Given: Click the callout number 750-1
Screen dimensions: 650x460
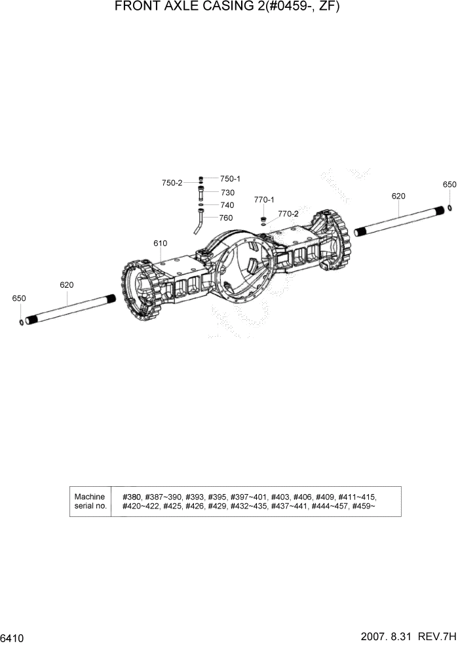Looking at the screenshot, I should click(x=230, y=179).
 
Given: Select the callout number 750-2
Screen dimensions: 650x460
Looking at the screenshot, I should click(x=172, y=183).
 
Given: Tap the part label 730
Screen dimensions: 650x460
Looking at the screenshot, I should click(x=227, y=193).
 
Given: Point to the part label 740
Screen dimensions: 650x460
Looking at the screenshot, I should click(x=227, y=205).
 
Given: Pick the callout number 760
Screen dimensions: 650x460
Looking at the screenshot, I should click(x=225, y=218).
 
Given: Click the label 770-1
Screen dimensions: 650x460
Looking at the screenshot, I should click(x=264, y=200).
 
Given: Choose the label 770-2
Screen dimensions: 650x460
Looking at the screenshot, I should click(x=288, y=214).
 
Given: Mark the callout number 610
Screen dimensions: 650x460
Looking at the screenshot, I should click(x=161, y=243).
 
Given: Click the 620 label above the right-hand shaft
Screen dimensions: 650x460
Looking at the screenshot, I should click(x=398, y=196).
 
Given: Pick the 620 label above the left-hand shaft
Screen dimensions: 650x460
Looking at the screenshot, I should click(x=66, y=284).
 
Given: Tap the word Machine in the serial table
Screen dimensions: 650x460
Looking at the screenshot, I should click(x=90, y=497).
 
